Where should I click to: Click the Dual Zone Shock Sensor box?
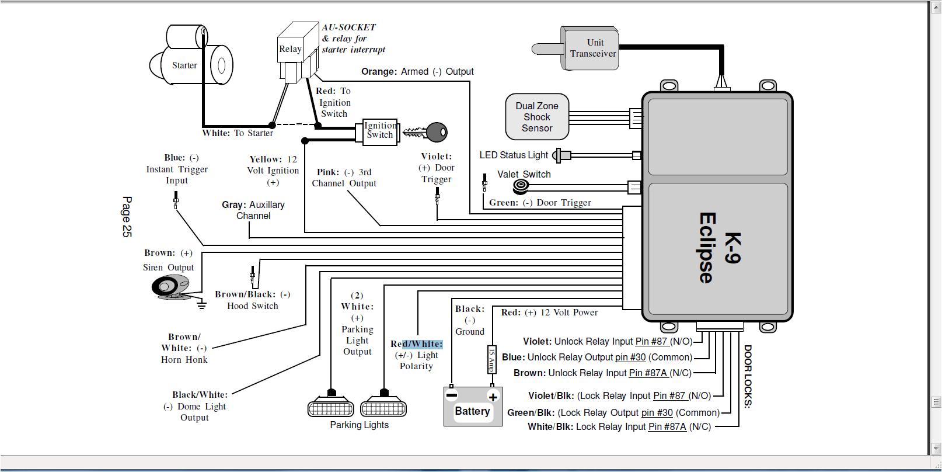537,117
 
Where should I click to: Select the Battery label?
472,411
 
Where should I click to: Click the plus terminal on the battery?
493,397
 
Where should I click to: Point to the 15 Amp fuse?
491,359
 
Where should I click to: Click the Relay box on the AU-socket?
290,50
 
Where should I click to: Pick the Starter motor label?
184,65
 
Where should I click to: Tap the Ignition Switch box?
379,131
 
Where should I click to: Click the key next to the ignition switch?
429,133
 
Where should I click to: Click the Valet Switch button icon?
521,186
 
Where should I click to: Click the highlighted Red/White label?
417,344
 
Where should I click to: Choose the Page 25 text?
127,217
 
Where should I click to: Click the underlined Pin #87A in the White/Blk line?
667,427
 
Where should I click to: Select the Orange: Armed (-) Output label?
417,72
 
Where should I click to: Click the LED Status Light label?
514,155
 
